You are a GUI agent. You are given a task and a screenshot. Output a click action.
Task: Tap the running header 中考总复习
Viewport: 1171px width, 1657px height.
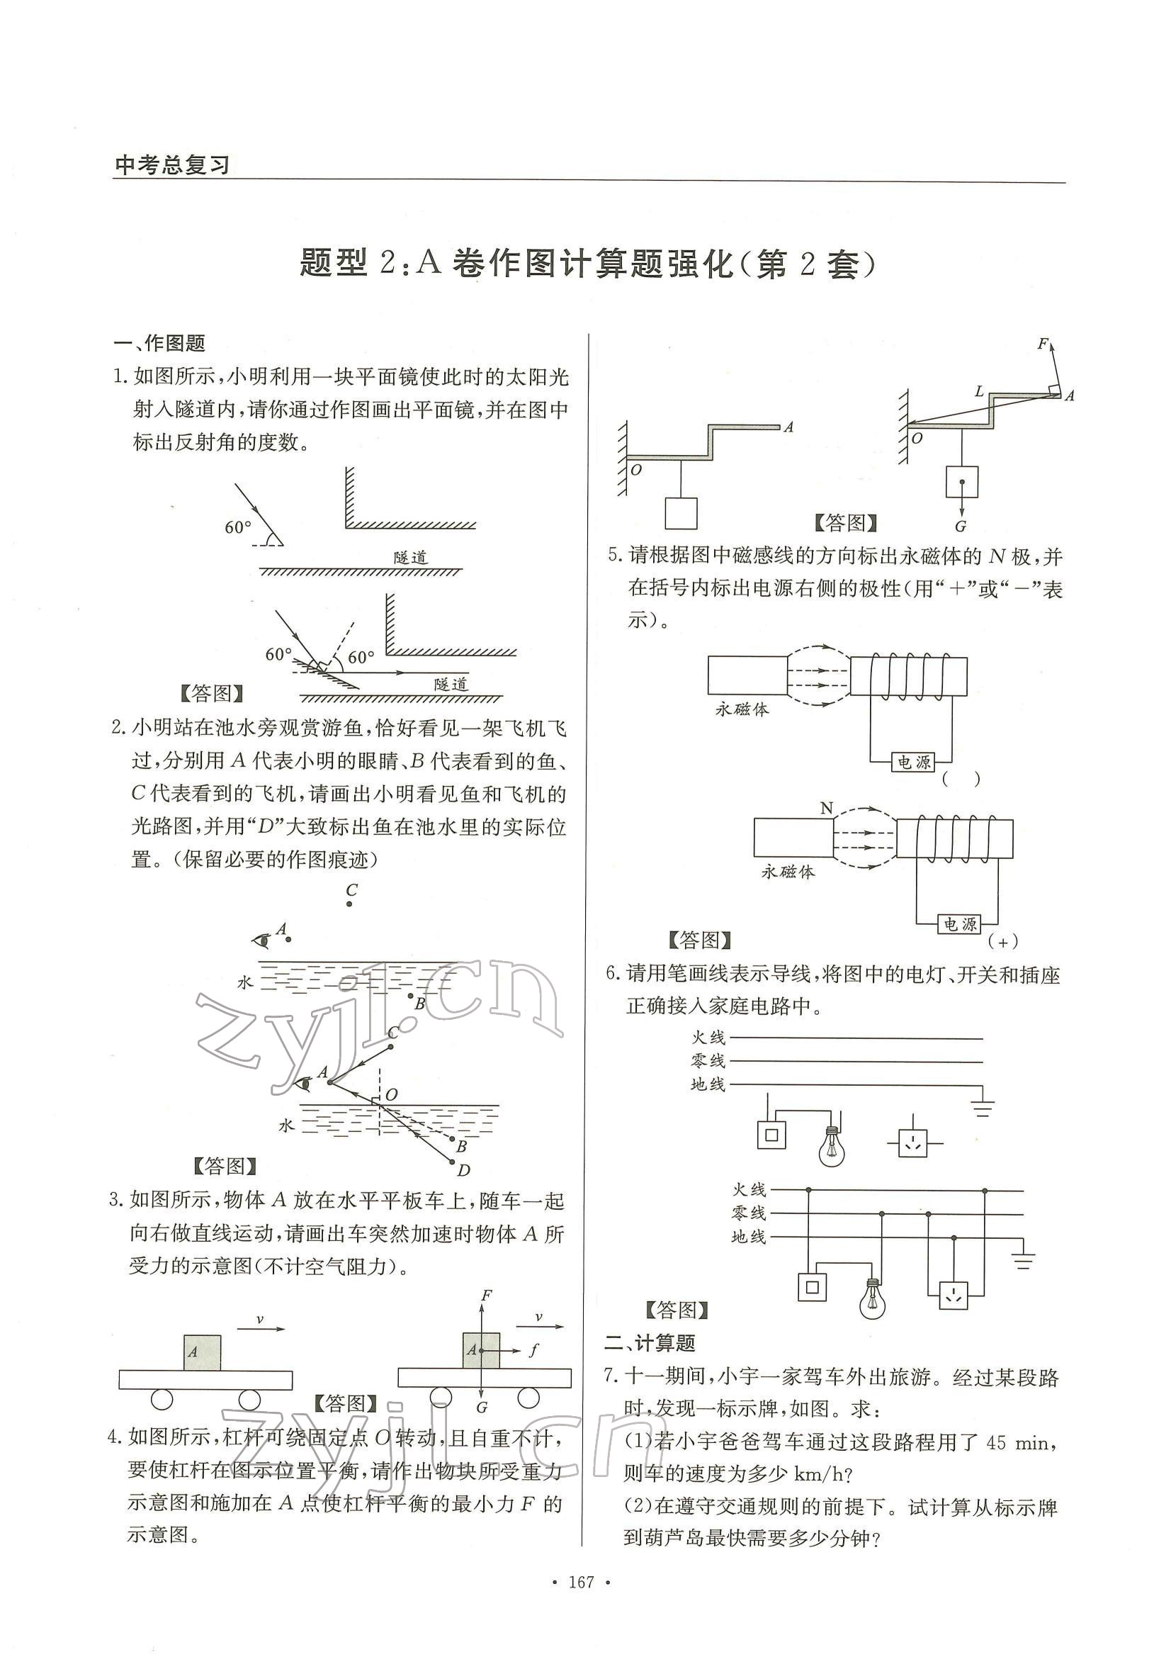click(x=171, y=165)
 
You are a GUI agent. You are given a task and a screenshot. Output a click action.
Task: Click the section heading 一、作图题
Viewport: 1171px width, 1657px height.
click(x=160, y=343)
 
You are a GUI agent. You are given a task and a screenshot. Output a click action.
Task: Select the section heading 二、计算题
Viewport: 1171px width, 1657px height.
click(x=650, y=1343)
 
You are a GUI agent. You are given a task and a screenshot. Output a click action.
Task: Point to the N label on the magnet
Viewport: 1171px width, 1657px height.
click(x=827, y=807)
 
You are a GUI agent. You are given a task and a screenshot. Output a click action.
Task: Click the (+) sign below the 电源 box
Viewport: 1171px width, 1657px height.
click(x=1002, y=941)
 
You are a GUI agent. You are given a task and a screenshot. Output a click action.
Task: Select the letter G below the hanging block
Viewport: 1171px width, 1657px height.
click(x=961, y=526)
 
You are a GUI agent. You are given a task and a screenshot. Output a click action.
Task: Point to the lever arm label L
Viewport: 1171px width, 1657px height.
click(x=979, y=392)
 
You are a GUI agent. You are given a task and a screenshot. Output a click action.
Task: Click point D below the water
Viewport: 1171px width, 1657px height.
click(x=463, y=1170)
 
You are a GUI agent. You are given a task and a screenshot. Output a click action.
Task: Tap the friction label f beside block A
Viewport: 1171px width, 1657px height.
click(x=533, y=1349)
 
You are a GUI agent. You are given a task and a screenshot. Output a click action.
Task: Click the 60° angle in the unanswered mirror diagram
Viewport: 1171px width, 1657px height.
click(x=238, y=527)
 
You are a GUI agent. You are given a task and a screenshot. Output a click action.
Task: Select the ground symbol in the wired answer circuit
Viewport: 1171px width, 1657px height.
click(x=1023, y=1261)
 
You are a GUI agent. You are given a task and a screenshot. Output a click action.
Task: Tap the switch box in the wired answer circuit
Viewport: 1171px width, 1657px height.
click(x=813, y=1287)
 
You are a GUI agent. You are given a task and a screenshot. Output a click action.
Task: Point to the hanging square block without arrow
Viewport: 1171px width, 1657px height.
click(x=681, y=513)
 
